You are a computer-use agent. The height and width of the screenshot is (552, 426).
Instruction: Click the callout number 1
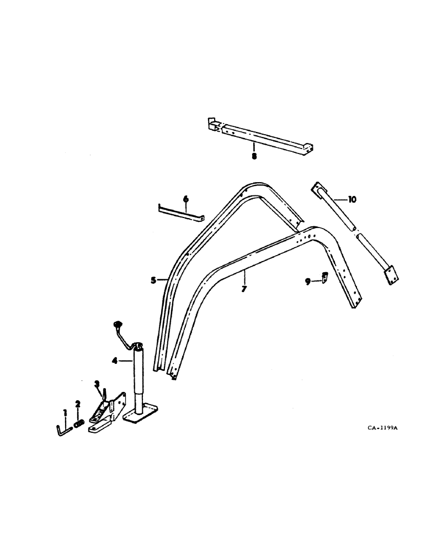[65, 412]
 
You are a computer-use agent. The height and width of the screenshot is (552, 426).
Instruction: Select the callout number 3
[96, 384]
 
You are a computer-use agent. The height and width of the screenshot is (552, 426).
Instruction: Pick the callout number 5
[153, 280]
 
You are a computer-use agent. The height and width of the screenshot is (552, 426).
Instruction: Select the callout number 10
[353, 199]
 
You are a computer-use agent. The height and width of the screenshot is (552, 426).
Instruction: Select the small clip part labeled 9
[324, 277]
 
